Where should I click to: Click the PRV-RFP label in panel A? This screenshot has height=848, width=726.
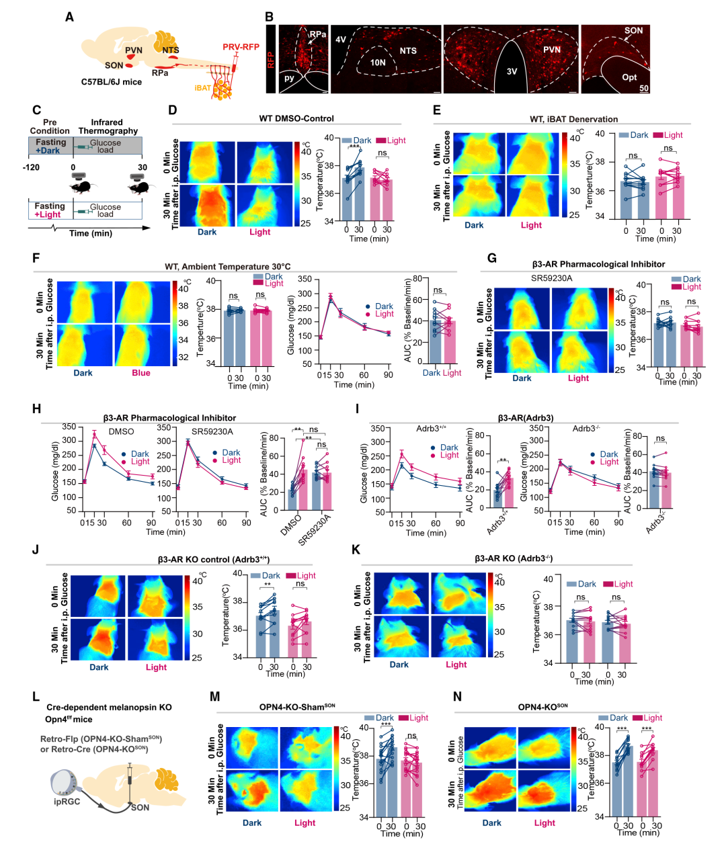coord(241,47)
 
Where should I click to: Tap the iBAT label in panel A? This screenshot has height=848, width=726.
coord(202,88)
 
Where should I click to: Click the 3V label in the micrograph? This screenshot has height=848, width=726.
coord(512,72)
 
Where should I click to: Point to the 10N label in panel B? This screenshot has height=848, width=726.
coord(378,62)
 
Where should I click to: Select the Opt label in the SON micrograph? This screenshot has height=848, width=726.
coord(629,77)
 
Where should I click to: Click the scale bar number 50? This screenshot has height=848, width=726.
coord(644,89)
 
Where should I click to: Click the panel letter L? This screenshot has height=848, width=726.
coord(36,697)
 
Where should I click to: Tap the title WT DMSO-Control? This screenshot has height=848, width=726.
coord(296,118)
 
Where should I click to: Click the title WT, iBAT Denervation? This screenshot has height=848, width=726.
coord(573,119)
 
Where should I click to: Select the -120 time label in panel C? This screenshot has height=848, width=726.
coord(30,167)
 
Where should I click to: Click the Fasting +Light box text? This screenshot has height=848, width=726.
coord(50,210)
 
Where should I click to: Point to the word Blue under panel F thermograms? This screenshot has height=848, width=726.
coord(141,373)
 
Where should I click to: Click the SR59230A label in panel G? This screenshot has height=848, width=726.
coord(551,278)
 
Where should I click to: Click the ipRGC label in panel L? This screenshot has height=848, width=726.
coord(67,802)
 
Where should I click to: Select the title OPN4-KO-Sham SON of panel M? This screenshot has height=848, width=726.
coord(297,707)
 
